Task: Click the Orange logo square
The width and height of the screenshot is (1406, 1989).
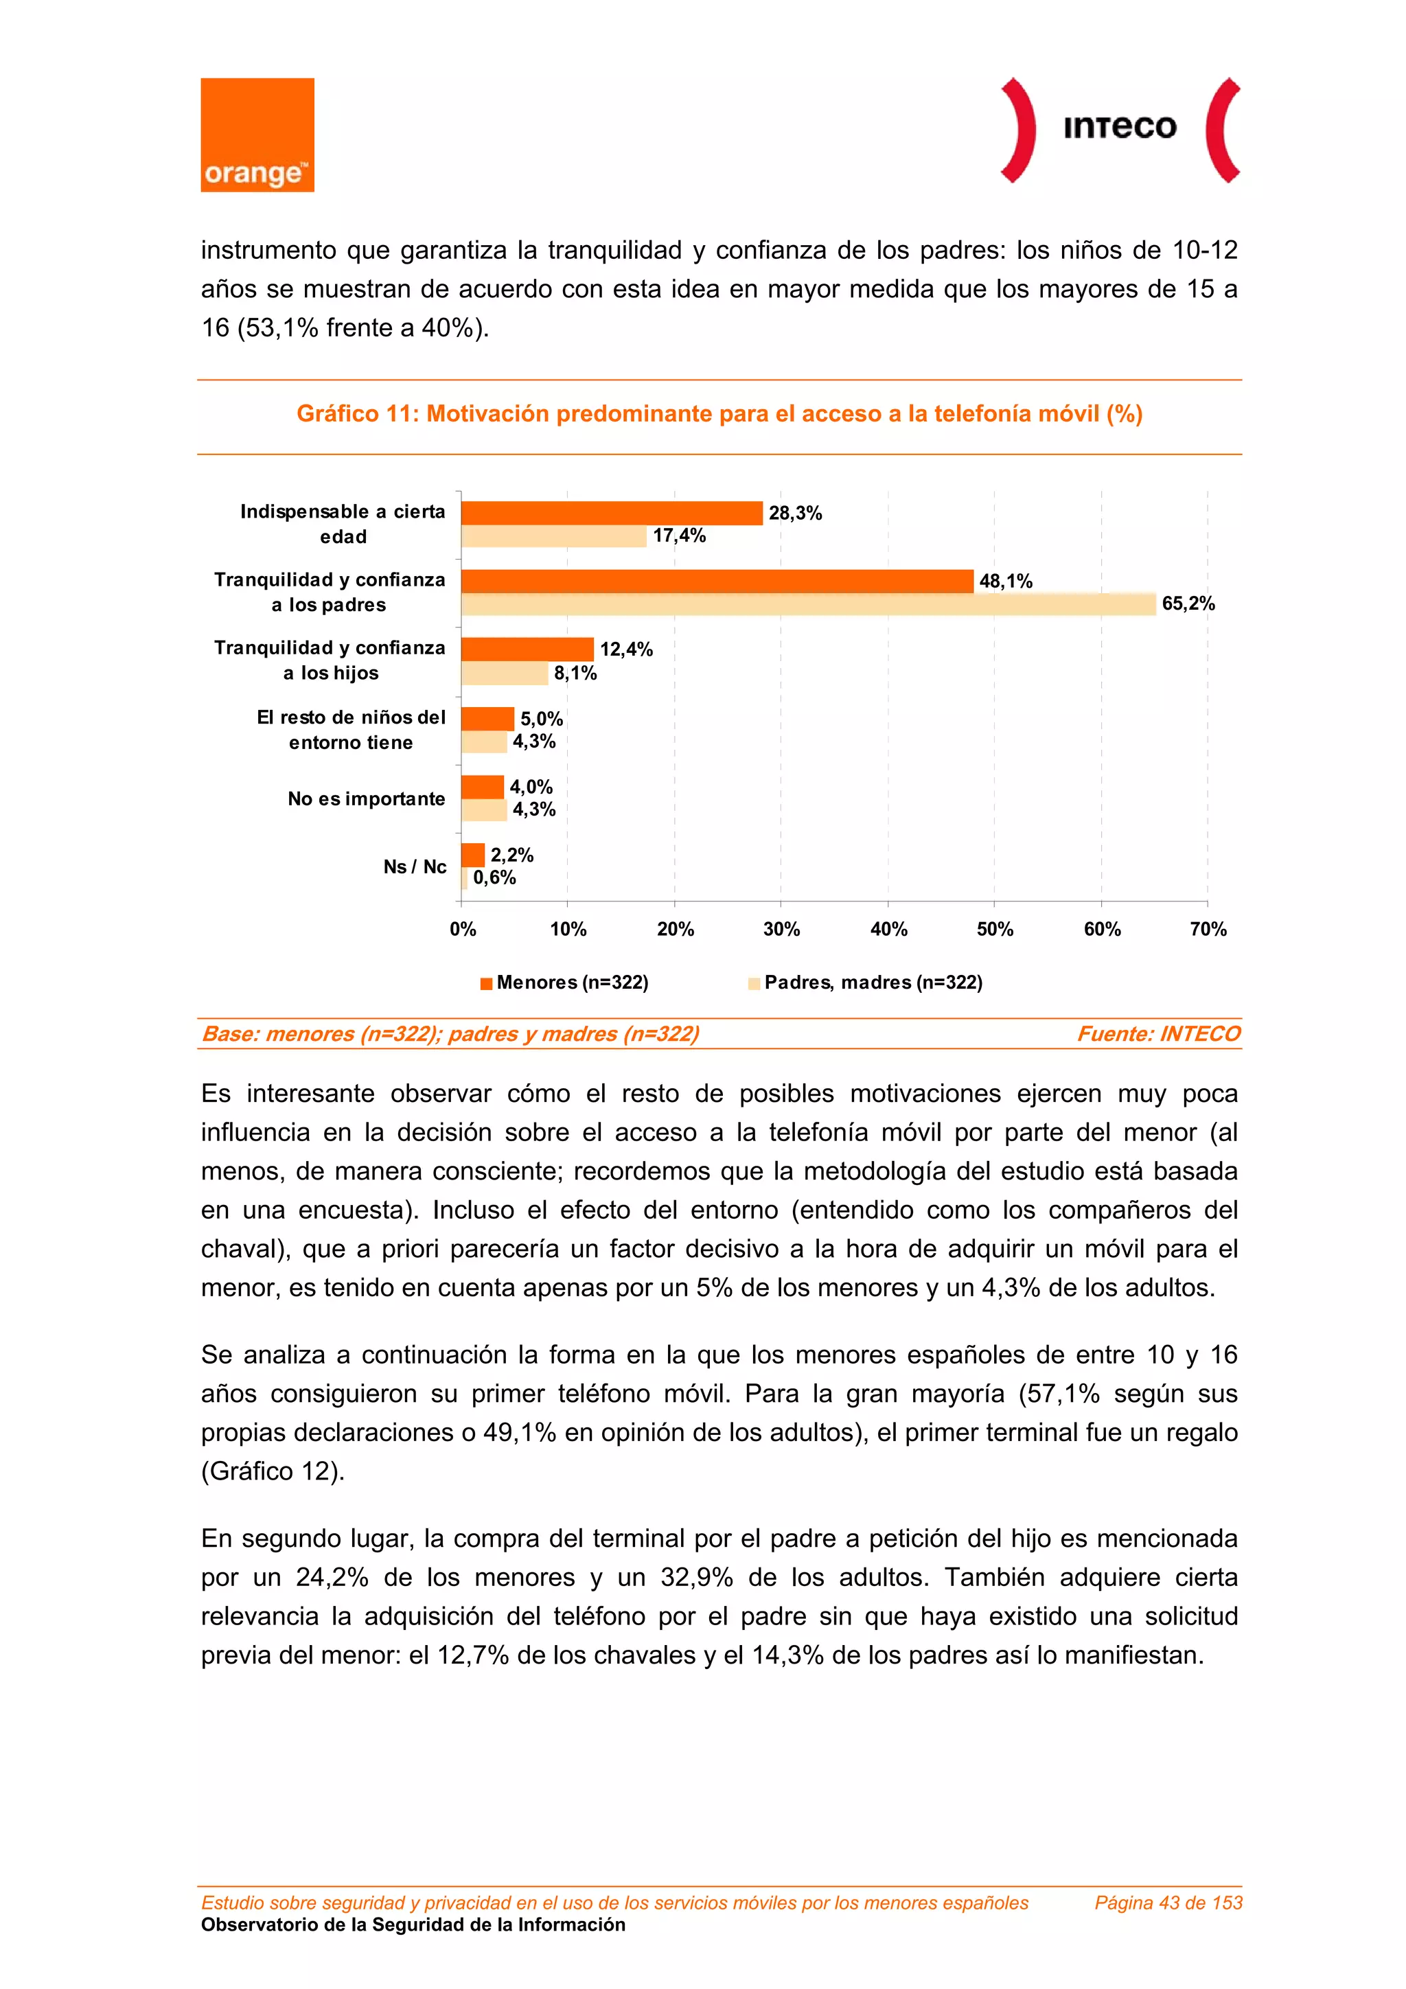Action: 257,135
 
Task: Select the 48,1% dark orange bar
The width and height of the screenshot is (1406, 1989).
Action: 717,582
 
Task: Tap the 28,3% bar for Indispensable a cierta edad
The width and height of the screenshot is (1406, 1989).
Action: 612,513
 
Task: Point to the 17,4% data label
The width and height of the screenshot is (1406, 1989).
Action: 679,536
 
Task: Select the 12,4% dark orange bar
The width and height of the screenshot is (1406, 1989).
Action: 527,649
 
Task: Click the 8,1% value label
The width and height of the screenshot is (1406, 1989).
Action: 575,673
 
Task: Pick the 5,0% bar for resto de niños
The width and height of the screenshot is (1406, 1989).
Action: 487,718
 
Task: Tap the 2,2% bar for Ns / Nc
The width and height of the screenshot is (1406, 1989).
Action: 473,855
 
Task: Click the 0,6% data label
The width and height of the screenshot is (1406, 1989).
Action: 495,877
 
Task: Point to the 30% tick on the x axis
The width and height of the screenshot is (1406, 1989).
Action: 781,930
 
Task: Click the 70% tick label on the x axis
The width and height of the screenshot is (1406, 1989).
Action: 1208,930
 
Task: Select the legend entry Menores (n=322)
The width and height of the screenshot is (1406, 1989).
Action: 565,982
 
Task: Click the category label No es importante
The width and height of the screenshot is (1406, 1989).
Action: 366,798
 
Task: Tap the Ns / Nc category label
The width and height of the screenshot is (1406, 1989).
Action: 415,867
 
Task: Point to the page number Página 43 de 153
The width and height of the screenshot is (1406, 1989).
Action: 1168,1902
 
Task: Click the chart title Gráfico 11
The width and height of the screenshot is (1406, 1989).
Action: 719,414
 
